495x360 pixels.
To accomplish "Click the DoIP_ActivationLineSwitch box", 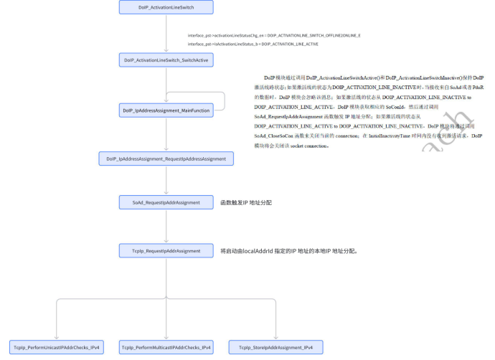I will coord(166,7).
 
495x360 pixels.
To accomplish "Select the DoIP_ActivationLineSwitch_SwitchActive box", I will coord(166,61).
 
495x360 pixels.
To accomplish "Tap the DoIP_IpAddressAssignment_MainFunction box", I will coord(166,110).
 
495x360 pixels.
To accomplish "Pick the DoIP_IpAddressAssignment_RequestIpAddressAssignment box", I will coord(166,158).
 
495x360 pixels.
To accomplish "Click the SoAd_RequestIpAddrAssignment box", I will coord(166,203).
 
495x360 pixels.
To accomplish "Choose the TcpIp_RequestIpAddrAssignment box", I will coord(166,251).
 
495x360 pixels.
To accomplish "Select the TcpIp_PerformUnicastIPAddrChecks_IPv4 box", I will coord(56,347).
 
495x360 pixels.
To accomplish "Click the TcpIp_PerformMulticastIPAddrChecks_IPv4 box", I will coord(166,347).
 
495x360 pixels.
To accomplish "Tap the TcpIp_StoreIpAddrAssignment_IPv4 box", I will coord(275,347).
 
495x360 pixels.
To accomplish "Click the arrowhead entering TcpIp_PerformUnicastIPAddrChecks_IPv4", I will coord(56,336).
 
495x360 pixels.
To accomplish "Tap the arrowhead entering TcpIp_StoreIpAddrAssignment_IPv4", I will coord(275,336).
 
